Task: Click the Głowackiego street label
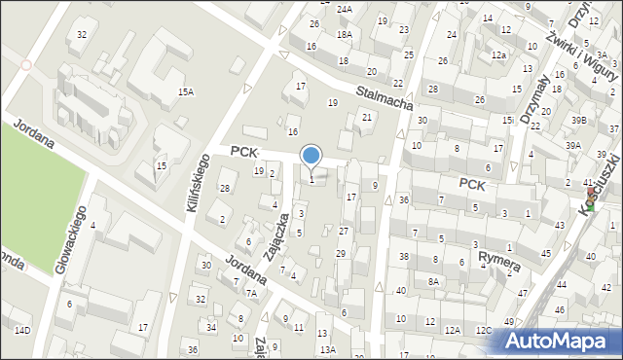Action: coord(73,238)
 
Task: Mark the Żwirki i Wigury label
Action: coord(581,38)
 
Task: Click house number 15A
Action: coord(185,91)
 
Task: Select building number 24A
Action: coord(344,9)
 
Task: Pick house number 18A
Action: coord(344,34)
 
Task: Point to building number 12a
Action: coord(498,55)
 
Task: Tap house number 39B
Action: coord(579,120)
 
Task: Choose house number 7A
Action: coord(251,293)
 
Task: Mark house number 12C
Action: coord(483,330)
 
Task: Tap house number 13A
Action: coord(329,349)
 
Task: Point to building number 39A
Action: coord(573,145)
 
